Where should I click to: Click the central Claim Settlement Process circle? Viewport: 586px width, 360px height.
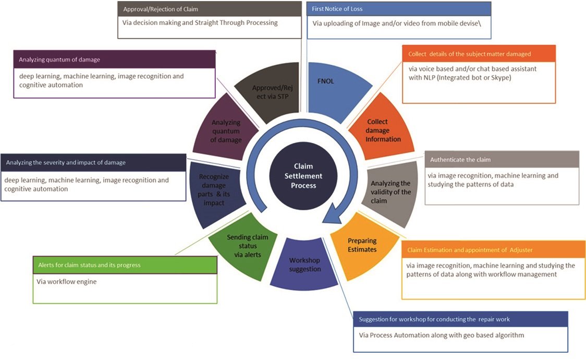(x=303, y=176)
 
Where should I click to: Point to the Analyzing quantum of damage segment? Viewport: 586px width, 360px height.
(x=225, y=130)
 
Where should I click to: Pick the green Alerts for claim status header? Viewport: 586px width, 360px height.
(x=125, y=265)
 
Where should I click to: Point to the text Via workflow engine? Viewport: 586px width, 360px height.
(x=68, y=282)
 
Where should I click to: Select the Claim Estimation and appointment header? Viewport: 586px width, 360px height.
(x=492, y=249)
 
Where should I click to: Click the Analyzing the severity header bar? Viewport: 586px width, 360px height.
(x=93, y=162)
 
